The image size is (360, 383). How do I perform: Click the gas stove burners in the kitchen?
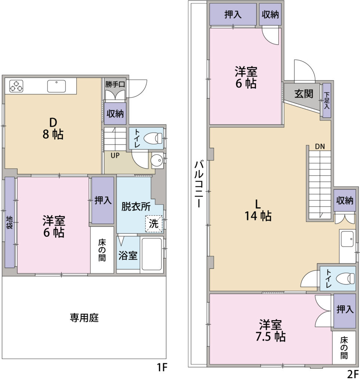coord(16,86)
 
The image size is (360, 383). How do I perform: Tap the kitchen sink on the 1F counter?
coord(57,86)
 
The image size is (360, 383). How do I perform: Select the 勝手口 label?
coord(115,85)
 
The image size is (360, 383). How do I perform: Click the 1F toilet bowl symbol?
coord(153,138)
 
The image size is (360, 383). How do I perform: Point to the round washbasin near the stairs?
coord(157,160)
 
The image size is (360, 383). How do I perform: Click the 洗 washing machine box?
coord(154,224)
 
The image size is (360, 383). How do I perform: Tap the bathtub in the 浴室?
coord(152,254)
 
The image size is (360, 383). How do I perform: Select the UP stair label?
coord(115,155)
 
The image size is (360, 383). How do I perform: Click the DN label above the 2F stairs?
coord(320,147)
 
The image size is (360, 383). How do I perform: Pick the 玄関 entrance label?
coord(304,94)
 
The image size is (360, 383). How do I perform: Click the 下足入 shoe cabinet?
coord(327,100)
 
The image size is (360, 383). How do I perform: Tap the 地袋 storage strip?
coord(9,222)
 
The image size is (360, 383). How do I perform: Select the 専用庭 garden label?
coord(84,318)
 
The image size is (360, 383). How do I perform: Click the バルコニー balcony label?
coord(199,184)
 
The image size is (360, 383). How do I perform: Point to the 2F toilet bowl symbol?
coord(345,278)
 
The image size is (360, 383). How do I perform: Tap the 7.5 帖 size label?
coord(271,337)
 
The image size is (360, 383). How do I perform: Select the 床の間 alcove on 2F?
coord(344,347)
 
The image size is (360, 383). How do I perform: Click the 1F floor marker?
coord(162,367)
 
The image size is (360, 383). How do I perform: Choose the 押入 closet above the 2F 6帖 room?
coord(233,14)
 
